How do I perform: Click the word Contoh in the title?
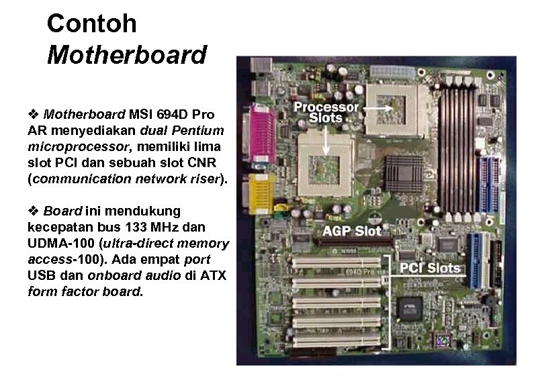[x=91, y=24]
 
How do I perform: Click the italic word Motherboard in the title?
[x=126, y=55]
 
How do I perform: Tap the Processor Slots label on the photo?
[x=326, y=112]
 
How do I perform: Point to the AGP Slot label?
[x=353, y=232]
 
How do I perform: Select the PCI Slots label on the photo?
[x=430, y=269]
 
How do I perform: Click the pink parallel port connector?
[x=260, y=133]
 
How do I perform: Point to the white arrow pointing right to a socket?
[x=381, y=107]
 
